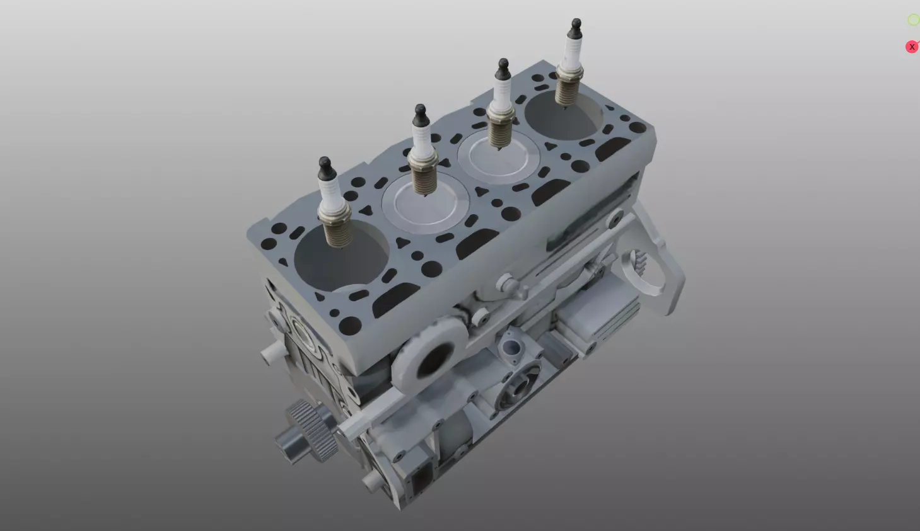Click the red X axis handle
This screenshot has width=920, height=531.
coord(911,47)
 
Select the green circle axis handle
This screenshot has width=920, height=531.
coord(913,20)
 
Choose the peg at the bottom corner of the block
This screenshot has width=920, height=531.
coord(371,482)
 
